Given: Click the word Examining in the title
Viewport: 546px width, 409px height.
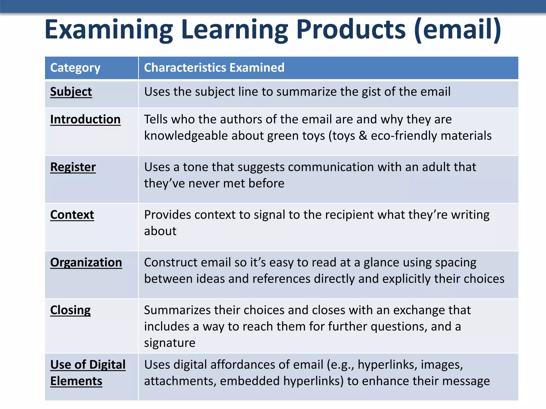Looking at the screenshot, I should click(x=109, y=30).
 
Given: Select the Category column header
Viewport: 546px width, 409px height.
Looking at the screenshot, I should click(x=75, y=68).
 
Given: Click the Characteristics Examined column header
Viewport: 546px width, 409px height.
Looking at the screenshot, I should click(x=214, y=68).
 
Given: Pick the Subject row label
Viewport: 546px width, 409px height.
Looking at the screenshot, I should click(x=71, y=92).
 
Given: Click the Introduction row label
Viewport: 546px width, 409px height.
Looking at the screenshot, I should click(x=85, y=119).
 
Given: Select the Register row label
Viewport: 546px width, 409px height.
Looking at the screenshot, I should click(x=73, y=167).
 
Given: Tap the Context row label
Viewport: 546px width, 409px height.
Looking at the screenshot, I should click(x=72, y=215).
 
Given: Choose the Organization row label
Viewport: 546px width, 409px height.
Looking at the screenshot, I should click(x=86, y=263).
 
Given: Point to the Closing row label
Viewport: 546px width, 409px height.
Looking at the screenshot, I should click(x=70, y=310).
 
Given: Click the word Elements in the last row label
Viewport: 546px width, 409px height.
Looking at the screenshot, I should click(x=76, y=381).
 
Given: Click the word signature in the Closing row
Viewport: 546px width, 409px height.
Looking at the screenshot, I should click(x=170, y=343).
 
